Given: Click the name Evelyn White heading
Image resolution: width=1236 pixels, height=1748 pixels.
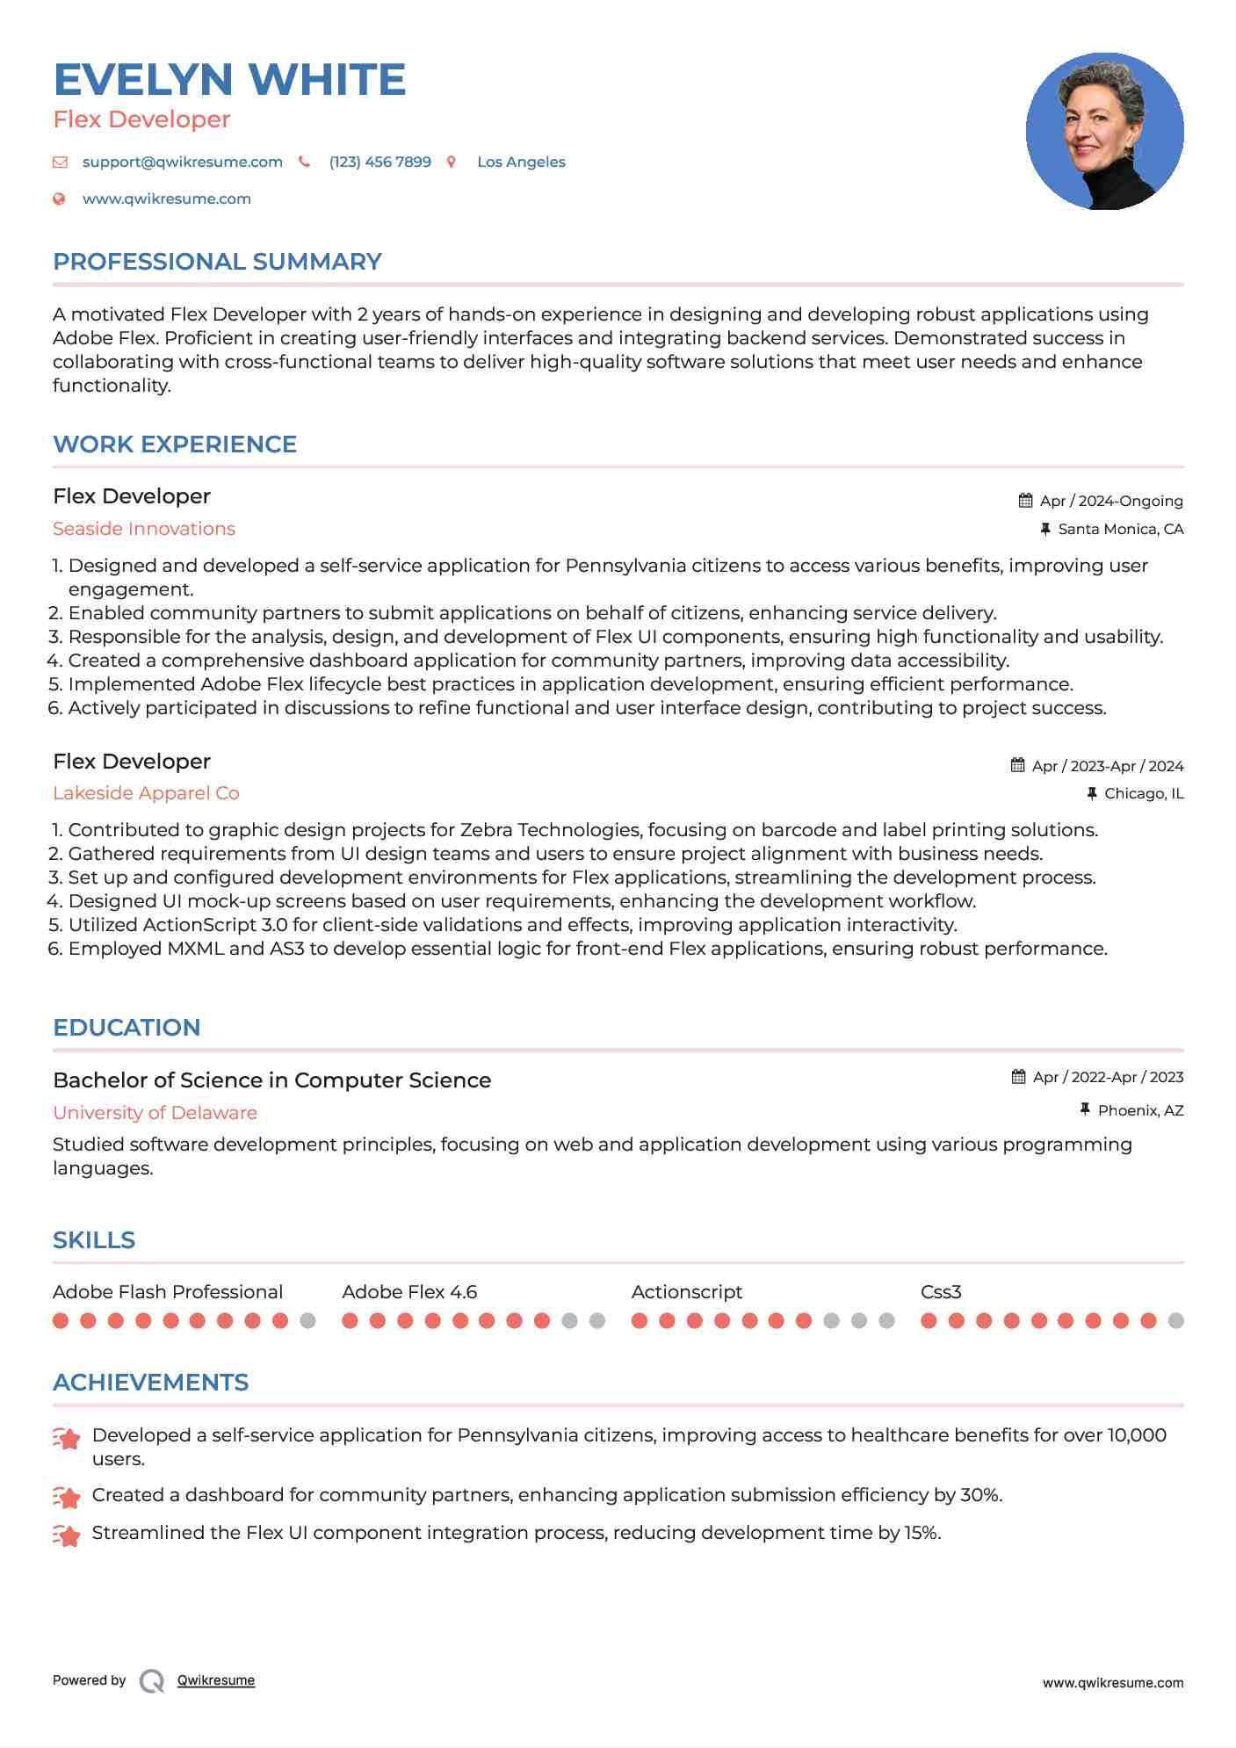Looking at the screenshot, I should [229, 80].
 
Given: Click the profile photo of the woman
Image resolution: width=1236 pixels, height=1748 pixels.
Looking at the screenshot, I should [1104, 132].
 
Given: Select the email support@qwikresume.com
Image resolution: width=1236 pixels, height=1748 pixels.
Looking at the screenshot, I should [182, 163].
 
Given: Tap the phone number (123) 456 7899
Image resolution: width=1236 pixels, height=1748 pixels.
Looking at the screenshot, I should [379, 163].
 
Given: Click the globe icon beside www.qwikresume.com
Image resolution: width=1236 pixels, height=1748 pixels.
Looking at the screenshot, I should [59, 199].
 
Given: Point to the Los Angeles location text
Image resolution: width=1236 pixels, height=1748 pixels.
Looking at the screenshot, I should [521, 163].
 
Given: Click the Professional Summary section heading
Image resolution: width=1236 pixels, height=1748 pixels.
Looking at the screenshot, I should [217, 262].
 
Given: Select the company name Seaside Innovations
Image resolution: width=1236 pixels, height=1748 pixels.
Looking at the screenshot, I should [144, 529].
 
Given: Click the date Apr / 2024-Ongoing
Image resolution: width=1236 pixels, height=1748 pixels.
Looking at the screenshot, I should [1110, 501].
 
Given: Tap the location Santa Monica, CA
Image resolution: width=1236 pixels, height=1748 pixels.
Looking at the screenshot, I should [1120, 529].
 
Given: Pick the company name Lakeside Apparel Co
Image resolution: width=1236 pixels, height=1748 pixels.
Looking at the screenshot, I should [146, 793].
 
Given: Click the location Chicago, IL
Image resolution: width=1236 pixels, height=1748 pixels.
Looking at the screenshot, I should [1143, 793].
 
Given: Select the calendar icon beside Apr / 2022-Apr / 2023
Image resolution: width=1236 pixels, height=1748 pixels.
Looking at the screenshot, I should [1018, 1077].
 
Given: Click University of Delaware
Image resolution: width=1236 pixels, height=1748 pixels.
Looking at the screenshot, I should [155, 1113].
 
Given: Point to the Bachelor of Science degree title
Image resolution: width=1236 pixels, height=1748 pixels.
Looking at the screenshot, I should [271, 1080].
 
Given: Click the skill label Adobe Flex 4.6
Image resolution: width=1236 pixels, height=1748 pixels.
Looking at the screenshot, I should [409, 1292].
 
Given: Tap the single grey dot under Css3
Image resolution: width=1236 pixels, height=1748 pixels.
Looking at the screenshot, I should [1176, 1321].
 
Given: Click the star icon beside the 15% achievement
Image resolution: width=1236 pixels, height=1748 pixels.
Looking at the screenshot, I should [67, 1535].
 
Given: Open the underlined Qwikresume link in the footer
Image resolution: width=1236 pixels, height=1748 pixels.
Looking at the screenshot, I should [216, 1680].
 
